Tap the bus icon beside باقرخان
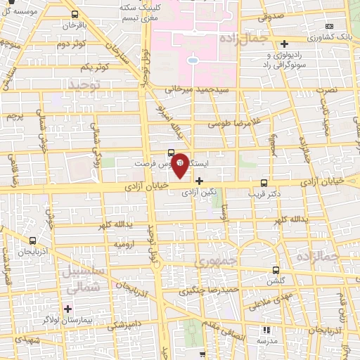pos(75,13)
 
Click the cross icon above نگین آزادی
pos(199,181)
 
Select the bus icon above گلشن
pos(276,269)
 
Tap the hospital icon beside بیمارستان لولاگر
pos(68,308)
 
